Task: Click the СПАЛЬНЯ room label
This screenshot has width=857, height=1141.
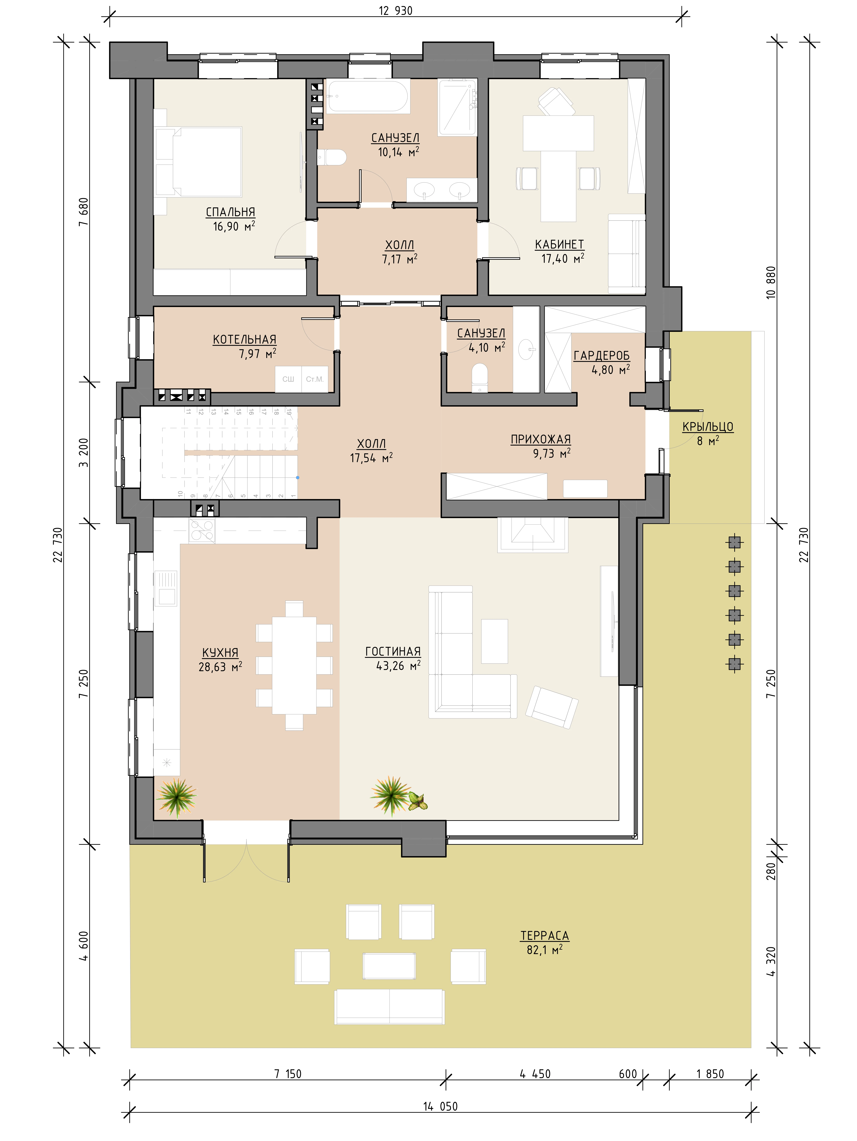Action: coord(230,212)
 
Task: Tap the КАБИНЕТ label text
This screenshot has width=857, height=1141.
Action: coord(559,244)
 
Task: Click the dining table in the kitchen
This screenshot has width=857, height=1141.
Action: coord(294,665)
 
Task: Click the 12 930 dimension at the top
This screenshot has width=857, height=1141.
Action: coord(396,11)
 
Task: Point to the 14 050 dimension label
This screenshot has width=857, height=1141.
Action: coord(440,1106)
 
